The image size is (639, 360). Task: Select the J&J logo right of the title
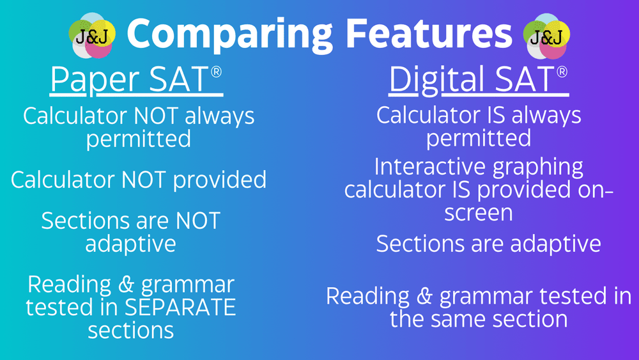[546, 36]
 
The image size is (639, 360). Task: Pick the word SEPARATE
[180, 308]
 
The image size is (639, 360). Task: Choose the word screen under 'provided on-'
[479, 213]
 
